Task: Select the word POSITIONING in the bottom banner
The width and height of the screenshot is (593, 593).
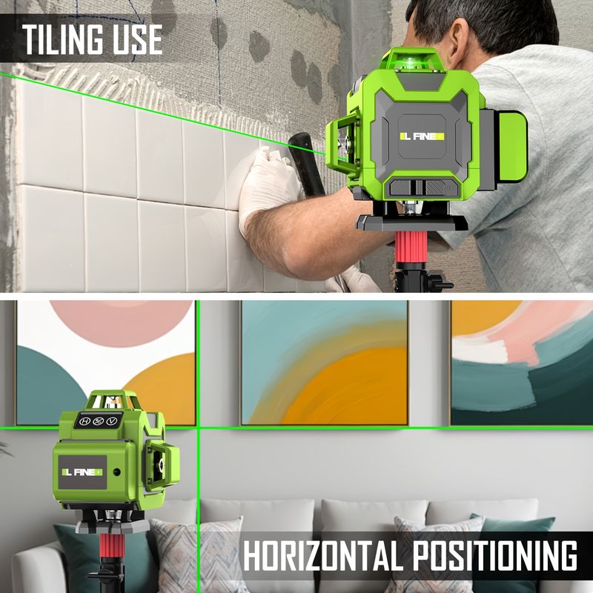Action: pyautogui.click(x=494, y=555)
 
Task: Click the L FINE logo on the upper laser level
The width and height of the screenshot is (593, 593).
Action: pyautogui.click(x=422, y=136)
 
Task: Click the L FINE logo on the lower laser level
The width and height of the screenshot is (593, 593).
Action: pyautogui.click(x=82, y=472)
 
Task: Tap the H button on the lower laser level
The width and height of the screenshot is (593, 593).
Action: pyautogui.click(x=85, y=421)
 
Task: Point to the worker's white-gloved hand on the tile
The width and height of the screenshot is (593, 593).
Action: pyautogui.click(x=267, y=185)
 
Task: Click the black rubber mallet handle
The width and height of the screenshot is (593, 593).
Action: pyautogui.click(x=307, y=159)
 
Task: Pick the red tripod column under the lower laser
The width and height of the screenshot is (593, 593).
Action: pyautogui.click(x=112, y=546)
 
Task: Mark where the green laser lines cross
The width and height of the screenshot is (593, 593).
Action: pyautogui.click(x=198, y=428)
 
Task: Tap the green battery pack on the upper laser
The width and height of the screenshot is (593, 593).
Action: pyautogui.click(x=513, y=145)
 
